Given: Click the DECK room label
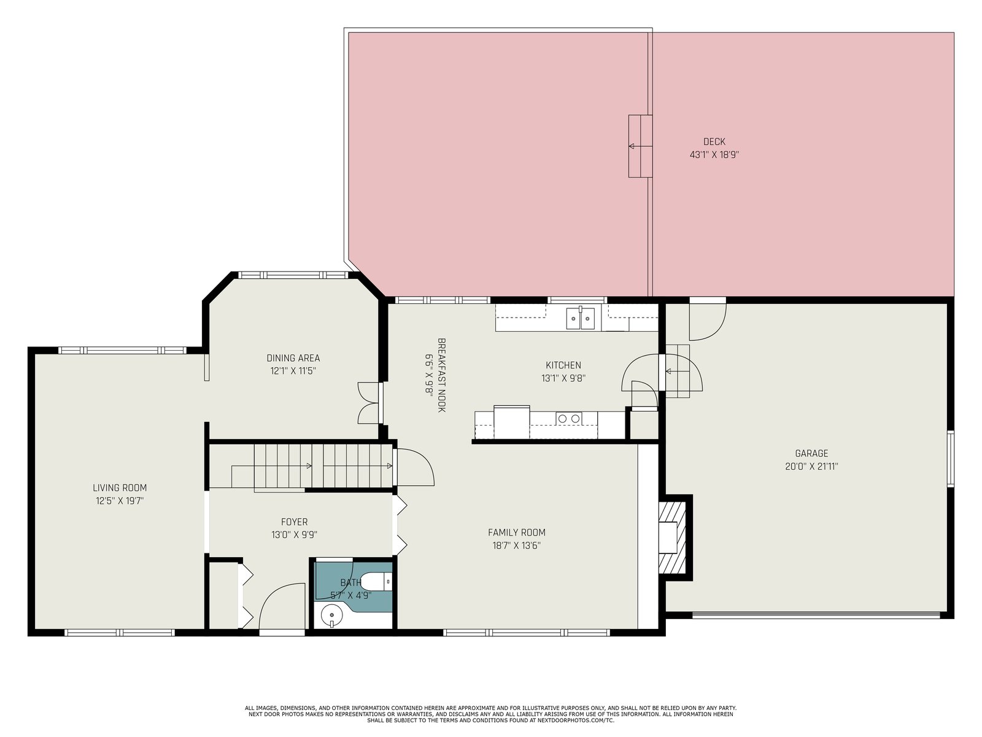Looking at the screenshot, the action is [x=714, y=142].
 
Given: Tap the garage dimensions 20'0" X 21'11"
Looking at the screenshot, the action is [x=811, y=467].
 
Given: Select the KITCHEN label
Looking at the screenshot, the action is [x=563, y=365].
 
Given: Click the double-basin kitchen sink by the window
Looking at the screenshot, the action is [x=580, y=318].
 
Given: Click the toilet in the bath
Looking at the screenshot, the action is [x=376, y=582].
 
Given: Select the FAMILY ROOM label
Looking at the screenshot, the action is [x=516, y=532].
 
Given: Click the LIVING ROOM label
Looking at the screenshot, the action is [x=120, y=488].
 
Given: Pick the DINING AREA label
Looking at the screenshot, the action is [x=293, y=358].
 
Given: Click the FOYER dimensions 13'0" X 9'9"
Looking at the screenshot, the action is [x=294, y=535].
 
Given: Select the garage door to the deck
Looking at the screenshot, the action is [x=707, y=319].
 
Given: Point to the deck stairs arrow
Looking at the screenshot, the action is [x=640, y=146].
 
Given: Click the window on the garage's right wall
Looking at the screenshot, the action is [x=951, y=459].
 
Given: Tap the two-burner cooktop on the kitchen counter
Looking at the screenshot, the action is [x=569, y=419].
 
